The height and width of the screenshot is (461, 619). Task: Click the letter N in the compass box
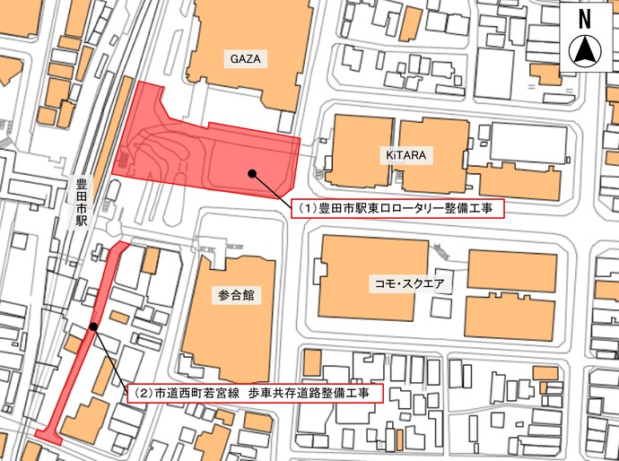pos(584,18)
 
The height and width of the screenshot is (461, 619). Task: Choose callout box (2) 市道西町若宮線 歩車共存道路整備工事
pos(250,393)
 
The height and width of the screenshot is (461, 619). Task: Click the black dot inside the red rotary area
pos(252,172)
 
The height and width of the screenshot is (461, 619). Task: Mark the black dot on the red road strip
pos(93,328)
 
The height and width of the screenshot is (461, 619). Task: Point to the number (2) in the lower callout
pos(142,393)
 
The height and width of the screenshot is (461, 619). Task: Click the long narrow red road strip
pos(76,377)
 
